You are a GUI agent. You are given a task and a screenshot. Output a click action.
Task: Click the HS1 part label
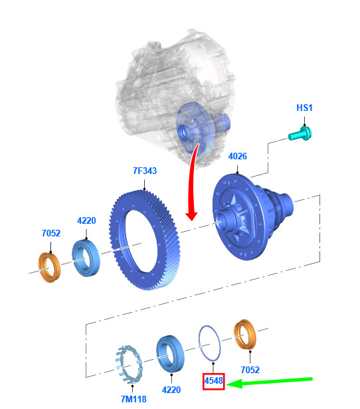[304, 108]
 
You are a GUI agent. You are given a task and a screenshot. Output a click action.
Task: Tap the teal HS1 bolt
[300, 134]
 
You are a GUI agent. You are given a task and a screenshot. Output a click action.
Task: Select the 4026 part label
[237, 156]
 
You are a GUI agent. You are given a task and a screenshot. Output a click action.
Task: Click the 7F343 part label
[145, 171]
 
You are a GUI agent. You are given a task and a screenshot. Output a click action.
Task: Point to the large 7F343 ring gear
[144, 240]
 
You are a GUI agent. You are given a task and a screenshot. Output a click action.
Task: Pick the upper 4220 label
[86, 220]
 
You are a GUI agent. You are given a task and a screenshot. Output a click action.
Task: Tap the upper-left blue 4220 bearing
[86, 258]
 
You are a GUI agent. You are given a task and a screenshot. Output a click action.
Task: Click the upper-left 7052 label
[51, 233]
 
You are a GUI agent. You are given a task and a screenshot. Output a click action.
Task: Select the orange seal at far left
[50, 268]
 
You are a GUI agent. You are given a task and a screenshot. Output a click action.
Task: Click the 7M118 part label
[134, 399]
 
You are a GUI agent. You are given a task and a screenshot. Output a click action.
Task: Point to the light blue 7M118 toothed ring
[129, 365]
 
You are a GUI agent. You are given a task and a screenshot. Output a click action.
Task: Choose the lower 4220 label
[171, 390]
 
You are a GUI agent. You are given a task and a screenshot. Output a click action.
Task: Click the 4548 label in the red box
[214, 381]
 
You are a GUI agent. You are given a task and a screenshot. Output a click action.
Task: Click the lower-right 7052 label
[250, 370]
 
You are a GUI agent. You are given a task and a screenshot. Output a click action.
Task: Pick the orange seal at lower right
[245, 335]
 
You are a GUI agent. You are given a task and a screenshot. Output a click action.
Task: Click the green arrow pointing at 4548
[269, 381]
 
